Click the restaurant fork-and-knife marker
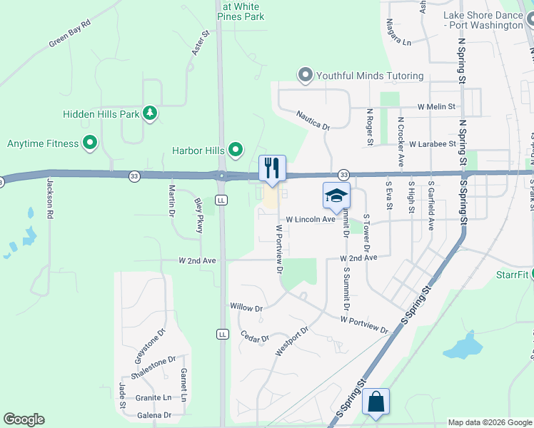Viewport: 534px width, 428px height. click(272, 168)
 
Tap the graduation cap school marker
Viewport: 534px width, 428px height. click(336, 195)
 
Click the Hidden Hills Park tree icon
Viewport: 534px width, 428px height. click(150, 113)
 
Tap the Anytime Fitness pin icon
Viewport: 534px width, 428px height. click(90, 143)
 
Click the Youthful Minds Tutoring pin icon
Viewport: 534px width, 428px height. click(306, 76)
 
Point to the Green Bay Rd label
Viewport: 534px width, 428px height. click(70, 34)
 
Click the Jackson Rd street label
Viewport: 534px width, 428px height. click(50, 198)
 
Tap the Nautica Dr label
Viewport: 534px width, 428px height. click(313, 120)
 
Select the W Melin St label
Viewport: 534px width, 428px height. click(437, 106)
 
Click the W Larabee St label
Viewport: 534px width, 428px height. click(433, 143)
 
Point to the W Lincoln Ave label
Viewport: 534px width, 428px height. click(311, 220)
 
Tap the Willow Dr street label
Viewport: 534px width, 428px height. click(247, 307)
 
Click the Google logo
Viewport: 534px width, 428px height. click(24, 419)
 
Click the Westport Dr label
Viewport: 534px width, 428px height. click(291, 342)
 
